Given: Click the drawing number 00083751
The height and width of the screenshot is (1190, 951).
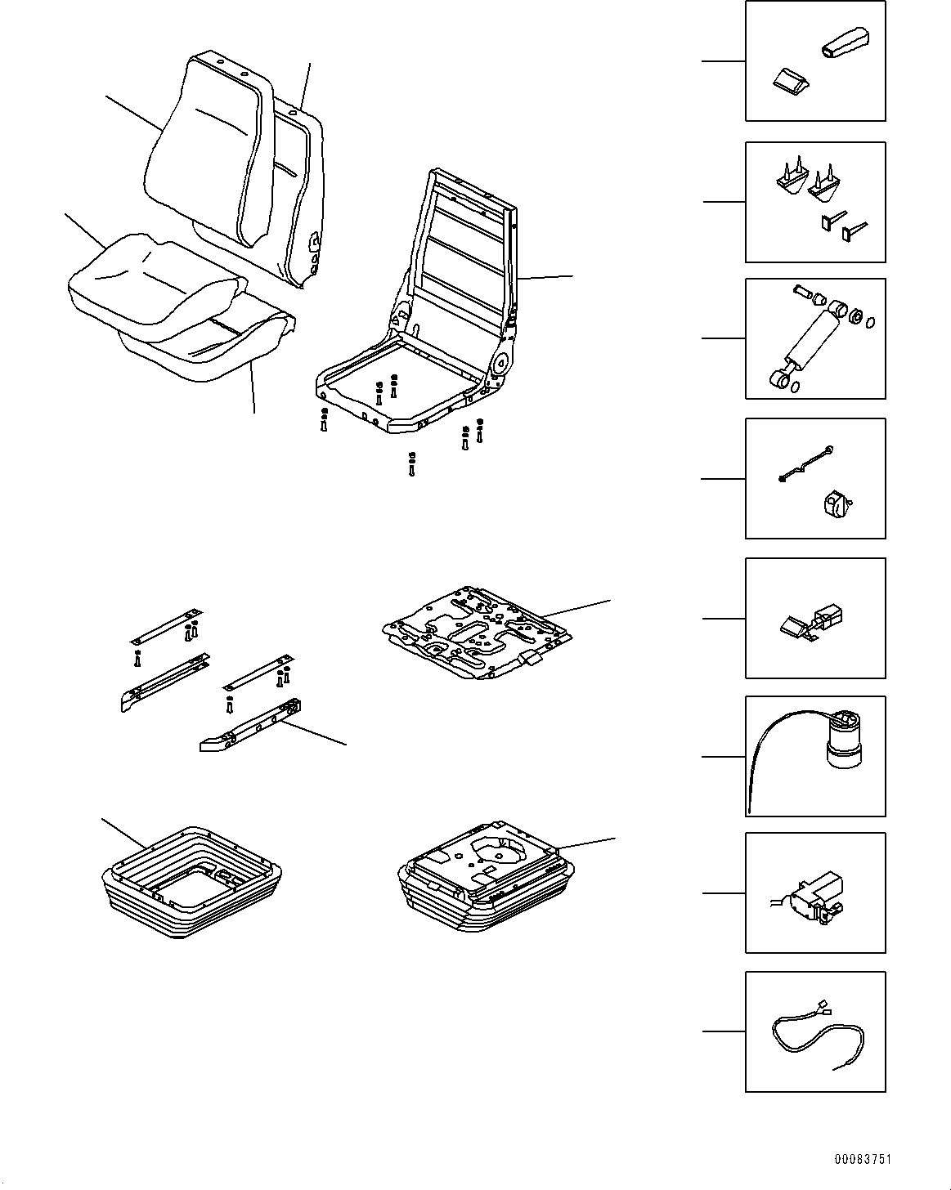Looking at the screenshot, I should pyautogui.click(x=863, y=1160).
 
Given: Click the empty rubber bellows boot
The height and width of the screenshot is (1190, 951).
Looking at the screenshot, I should pyautogui.click(x=192, y=887).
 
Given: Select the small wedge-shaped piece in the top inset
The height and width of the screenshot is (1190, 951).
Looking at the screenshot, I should pyautogui.click(x=790, y=79).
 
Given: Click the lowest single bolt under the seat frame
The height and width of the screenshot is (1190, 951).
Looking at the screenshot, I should pyautogui.click(x=411, y=464).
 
